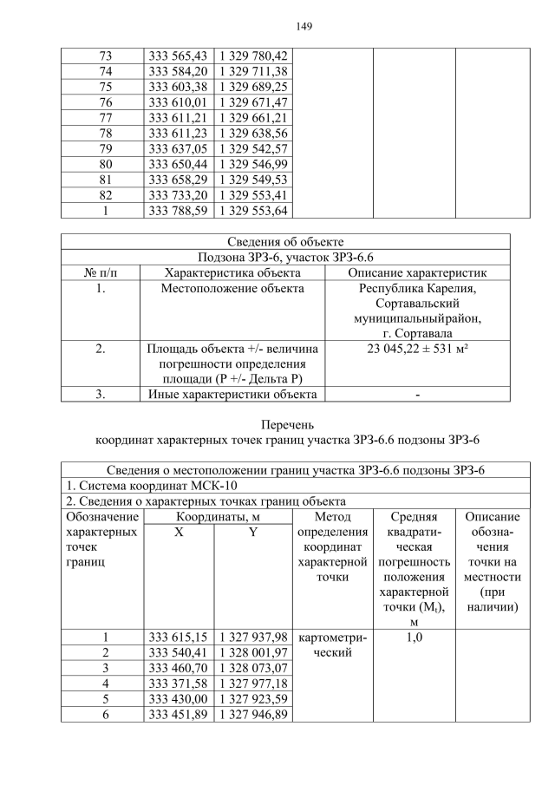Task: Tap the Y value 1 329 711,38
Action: pos(252,71)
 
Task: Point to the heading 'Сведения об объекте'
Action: pos(285,241)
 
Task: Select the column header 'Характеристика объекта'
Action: pos(232,272)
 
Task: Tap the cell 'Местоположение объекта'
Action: pos(232,288)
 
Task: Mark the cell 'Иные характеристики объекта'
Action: pos(232,395)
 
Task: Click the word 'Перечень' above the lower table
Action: pos(285,425)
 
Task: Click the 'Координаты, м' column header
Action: pos(216,516)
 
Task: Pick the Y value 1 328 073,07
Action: pos(252,669)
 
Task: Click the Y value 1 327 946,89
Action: pos(252,715)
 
